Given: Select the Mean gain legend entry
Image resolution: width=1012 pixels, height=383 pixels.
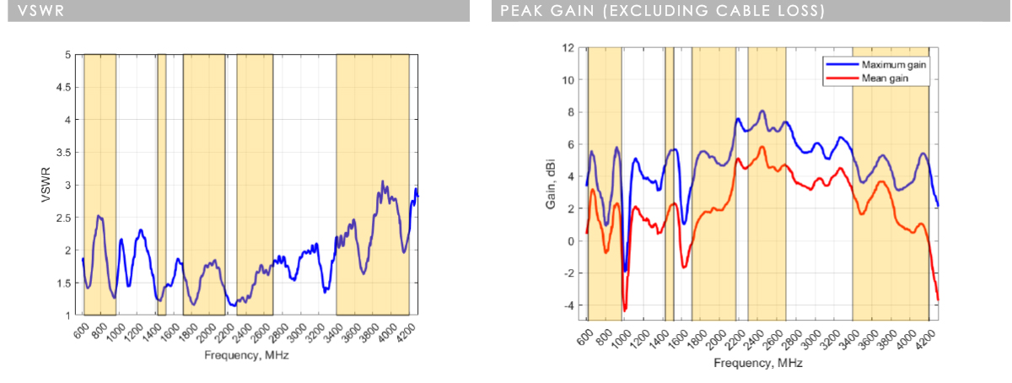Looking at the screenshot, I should click(874, 78).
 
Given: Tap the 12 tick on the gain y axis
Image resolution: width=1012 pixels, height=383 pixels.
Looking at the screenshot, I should click(569, 47).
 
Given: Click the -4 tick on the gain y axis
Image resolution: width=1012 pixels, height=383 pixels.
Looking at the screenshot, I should click(570, 305).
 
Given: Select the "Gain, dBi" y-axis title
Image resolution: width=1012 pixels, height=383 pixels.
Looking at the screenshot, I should click(549, 185).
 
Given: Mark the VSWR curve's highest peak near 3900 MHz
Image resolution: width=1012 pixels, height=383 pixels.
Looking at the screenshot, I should click(382, 181).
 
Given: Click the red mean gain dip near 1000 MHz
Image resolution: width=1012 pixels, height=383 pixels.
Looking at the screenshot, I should click(625, 310).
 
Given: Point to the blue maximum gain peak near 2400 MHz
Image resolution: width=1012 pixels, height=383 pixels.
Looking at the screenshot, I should click(762, 111).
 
